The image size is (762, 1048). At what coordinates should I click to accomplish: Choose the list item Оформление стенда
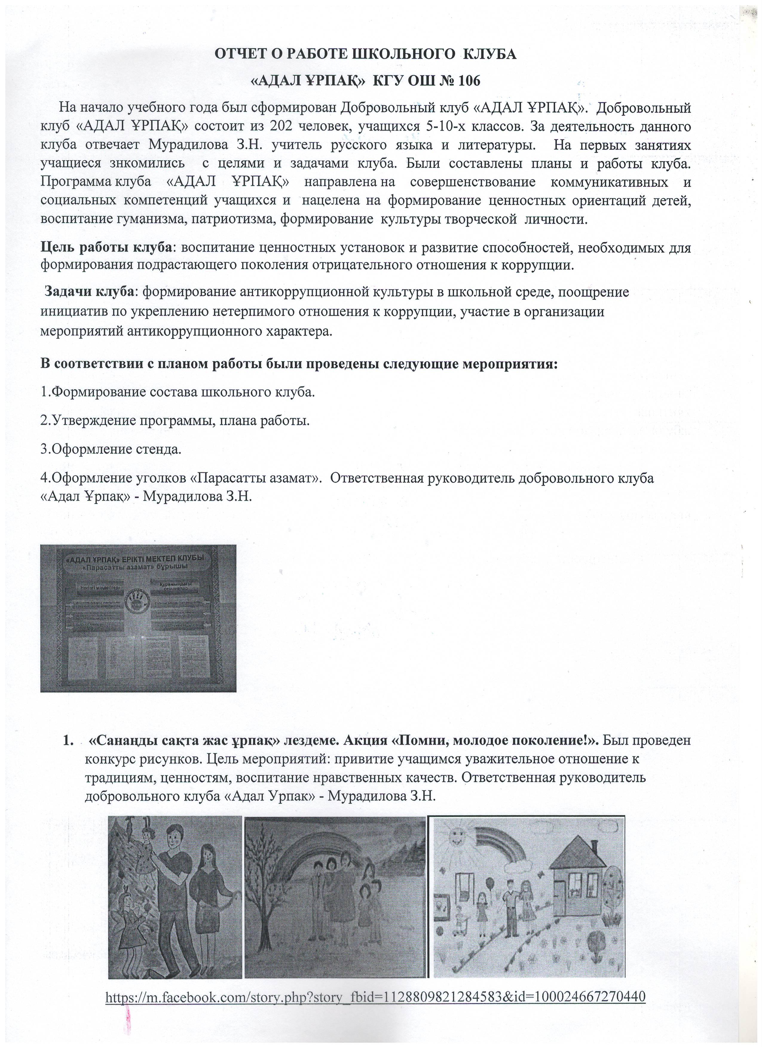(111, 449)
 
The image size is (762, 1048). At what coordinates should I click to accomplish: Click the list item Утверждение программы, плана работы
(175, 421)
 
